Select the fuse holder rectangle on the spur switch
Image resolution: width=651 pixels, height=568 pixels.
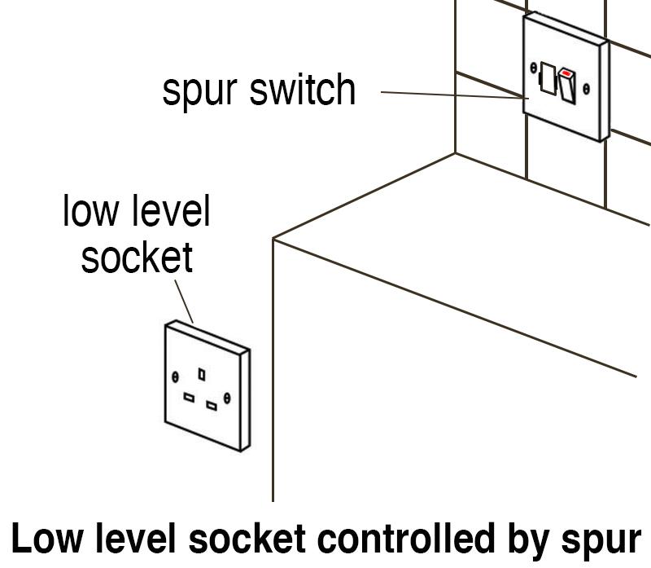click(x=547, y=80)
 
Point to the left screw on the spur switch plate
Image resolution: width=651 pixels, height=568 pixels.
click(x=533, y=68)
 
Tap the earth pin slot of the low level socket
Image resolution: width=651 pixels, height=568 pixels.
click(x=201, y=373)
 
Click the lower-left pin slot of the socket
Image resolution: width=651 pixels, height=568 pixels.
click(x=189, y=398)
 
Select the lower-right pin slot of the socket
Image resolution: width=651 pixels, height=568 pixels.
click(x=212, y=405)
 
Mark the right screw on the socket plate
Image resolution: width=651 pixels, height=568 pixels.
click(x=227, y=397)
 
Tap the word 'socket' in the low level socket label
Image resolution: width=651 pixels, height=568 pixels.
click(x=137, y=257)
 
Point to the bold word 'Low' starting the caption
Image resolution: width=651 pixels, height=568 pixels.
click(x=41, y=540)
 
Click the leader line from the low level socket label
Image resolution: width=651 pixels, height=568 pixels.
click(x=184, y=301)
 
